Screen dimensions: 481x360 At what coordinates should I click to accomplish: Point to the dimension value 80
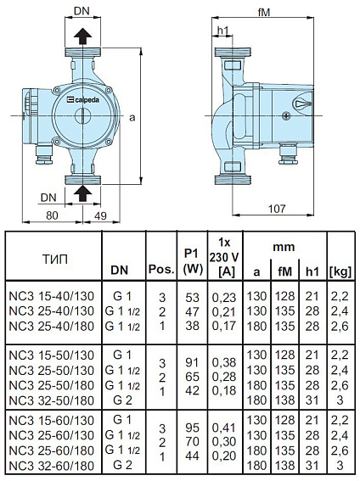(x=52, y=215)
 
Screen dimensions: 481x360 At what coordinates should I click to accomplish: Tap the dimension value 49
(x=100, y=215)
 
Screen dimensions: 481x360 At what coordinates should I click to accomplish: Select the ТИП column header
(x=53, y=257)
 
